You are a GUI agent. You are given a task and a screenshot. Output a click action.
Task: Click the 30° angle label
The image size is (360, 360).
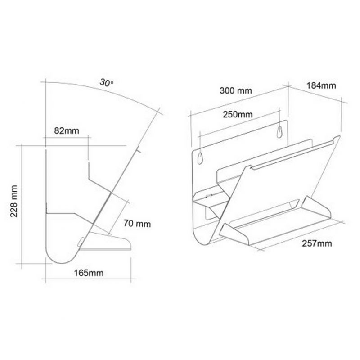pyautogui.click(x=107, y=82)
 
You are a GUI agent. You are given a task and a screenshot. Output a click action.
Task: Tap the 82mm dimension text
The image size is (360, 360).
pyautogui.click(x=67, y=131)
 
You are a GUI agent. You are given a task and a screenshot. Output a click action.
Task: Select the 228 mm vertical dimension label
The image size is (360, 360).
pyautogui.click(x=14, y=201)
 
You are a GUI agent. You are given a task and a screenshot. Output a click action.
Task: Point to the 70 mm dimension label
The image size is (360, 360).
pyautogui.click(x=137, y=223)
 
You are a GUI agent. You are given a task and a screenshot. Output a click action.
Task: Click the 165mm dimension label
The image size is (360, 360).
pyautogui.click(x=89, y=273)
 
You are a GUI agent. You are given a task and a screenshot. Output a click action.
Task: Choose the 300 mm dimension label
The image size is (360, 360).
pyautogui.click(x=236, y=90)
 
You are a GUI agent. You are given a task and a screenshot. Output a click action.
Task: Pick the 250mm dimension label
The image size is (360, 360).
pyautogui.click(x=238, y=114)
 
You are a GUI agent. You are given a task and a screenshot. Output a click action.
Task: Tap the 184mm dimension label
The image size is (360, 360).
pyautogui.click(x=321, y=85)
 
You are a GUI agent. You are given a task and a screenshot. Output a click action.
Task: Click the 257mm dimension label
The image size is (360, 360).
pyautogui.click(x=317, y=243)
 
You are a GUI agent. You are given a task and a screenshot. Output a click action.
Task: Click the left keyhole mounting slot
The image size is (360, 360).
pyautogui.click(x=200, y=158)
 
